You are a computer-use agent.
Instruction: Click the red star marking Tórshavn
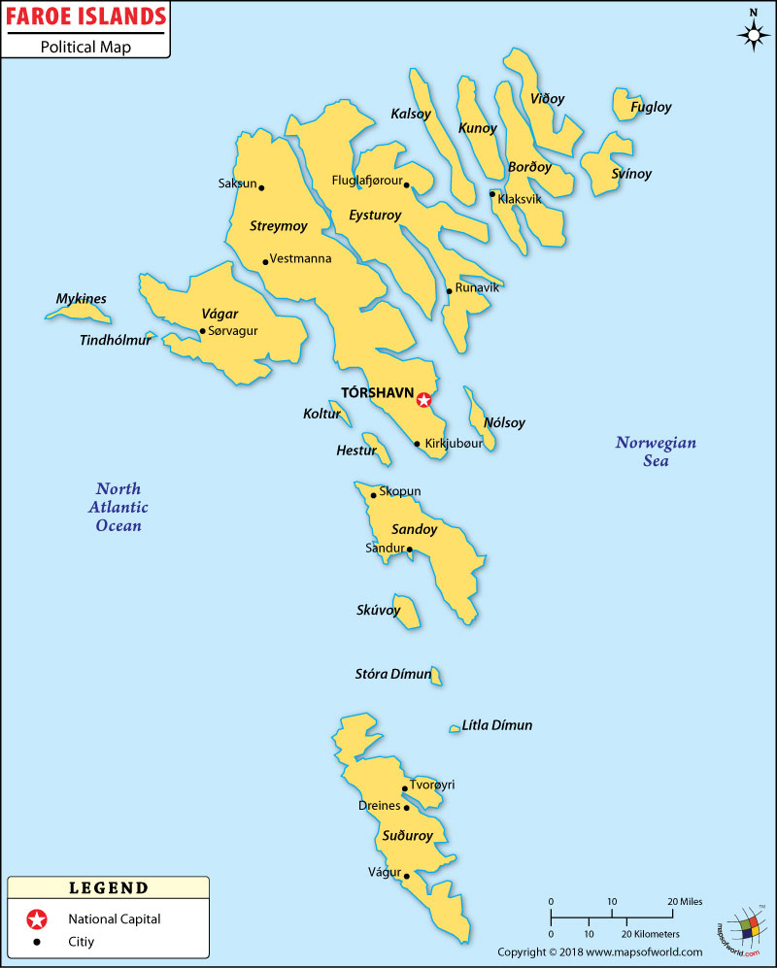click(x=423, y=399)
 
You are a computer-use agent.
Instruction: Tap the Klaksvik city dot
click(x=492, y=194)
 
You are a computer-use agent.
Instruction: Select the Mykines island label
click(x=81, y=299)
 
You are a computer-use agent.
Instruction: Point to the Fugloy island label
click(x=651, y=108)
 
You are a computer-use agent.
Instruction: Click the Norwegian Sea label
click(x=656, y=451)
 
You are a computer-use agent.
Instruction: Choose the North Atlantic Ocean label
click(x=118, y=507)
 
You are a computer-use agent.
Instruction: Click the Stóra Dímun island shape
click(x=437, y=675)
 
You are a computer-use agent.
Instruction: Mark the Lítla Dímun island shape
click(x=454, y=728)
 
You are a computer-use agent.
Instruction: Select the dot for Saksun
click(x=261, y=187)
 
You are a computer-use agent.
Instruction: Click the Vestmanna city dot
click(x=265, y=261)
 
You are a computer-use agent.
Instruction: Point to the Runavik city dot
click(x=449, y=290)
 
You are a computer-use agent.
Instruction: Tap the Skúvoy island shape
click(x=407, y=612)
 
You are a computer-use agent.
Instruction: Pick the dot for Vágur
click(x=406, y=876)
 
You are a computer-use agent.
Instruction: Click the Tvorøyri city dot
click(x=405, y=789)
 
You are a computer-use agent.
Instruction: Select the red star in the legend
click(x=37, y=918)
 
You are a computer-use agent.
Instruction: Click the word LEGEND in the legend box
click(x=109, y=887)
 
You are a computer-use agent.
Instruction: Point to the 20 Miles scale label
click(x=685, y=901)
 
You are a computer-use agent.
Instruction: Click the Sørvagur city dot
click(x=202, y=331)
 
